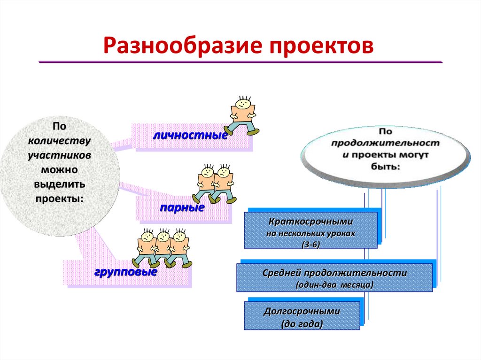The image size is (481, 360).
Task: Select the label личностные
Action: (190, 136)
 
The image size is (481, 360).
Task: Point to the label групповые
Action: (126, 272)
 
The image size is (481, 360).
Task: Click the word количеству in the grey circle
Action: (59, 140)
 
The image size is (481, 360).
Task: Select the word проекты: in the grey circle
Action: (60, 198)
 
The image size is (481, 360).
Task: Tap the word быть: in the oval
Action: (385, 167)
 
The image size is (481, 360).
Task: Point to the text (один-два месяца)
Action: (334, 284)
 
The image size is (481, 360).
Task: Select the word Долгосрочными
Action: (302, 311)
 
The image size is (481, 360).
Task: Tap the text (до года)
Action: (302, 324)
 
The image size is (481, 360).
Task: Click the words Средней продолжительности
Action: (334, 273)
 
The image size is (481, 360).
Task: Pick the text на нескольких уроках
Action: (310, 232)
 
